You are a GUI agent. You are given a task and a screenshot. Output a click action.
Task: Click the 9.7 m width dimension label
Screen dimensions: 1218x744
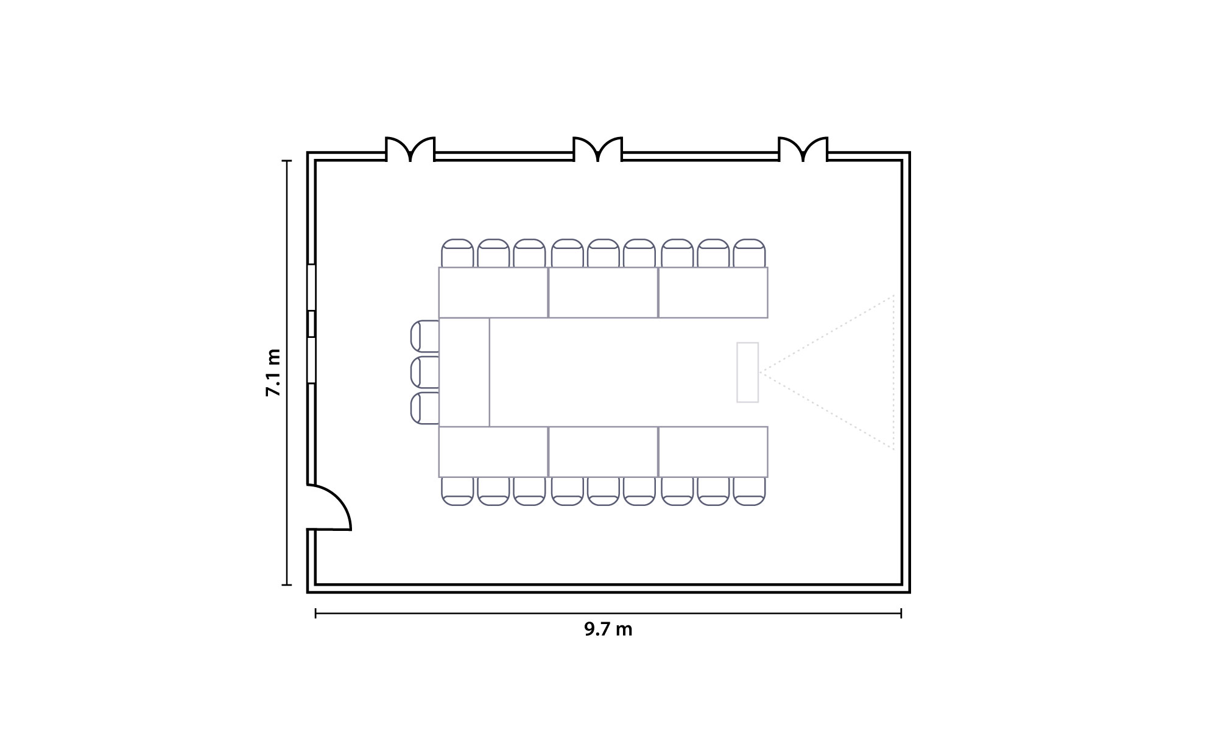(x=608, y=629)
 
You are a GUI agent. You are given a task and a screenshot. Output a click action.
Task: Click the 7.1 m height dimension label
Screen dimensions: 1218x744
(x=273, y=373)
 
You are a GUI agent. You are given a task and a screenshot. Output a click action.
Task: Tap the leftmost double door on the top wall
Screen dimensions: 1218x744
(x=410, y=149)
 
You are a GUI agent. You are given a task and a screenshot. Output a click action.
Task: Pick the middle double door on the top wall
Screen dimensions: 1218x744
(x=598, y=149)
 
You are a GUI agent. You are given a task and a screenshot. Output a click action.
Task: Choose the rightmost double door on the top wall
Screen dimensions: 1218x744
(x=803, y=149)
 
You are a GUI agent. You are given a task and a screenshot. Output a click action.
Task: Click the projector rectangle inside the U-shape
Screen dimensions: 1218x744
(x=747, y=372)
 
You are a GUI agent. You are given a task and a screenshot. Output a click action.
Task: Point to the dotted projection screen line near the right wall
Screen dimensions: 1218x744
(x=893, y=372)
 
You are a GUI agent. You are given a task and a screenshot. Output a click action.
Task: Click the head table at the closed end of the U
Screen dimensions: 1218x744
(x=464, y=372)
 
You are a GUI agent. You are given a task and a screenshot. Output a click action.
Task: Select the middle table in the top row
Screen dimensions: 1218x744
(x=603, y=292)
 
